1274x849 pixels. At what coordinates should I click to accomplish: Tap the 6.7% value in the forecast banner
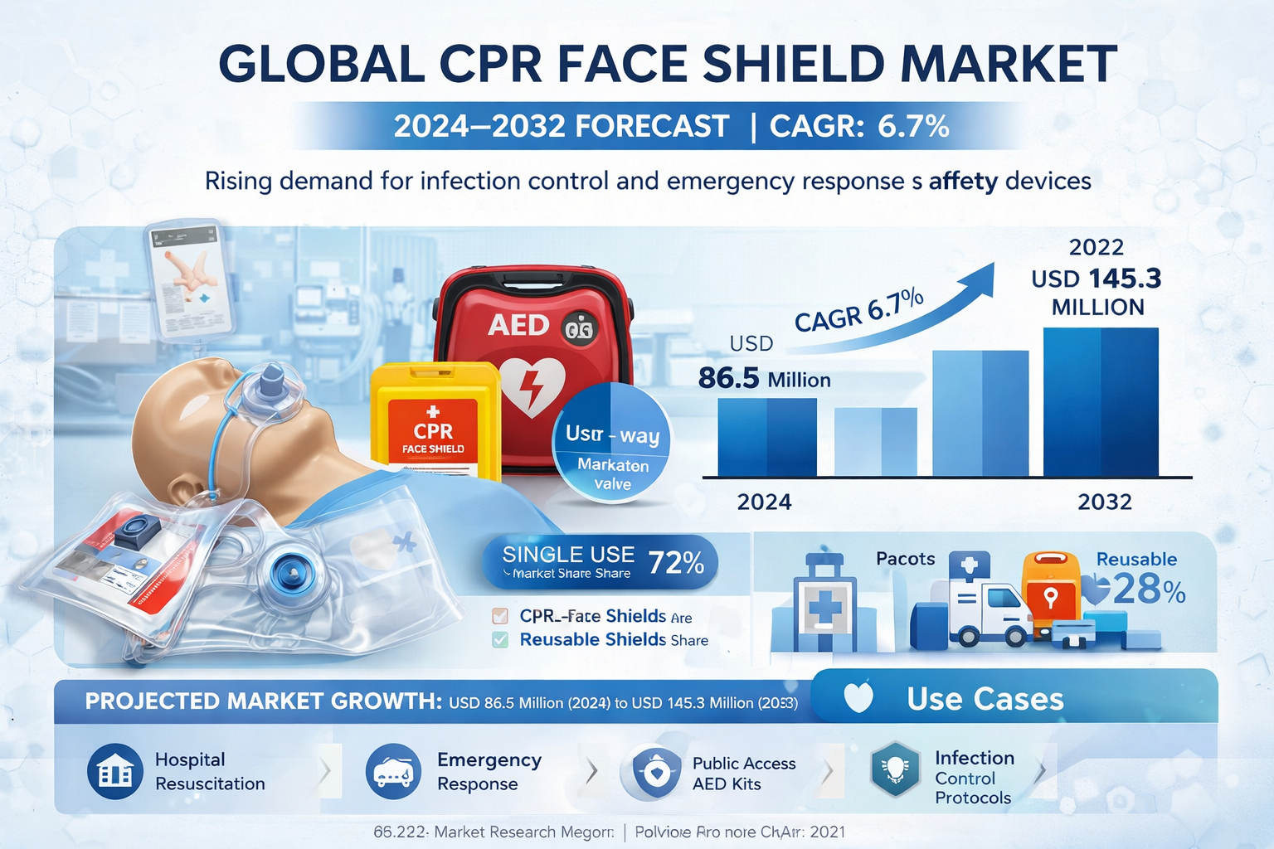tap(912, 126)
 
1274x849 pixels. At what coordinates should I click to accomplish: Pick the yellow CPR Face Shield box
tap(435, 423)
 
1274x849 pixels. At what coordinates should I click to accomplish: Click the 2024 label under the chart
tap(764, 502)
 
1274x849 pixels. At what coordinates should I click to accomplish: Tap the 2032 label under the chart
tap(1104, 502)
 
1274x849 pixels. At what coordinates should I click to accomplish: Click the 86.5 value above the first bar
tap(728, 378)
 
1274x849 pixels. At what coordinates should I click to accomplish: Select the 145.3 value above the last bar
tap(1125, 279)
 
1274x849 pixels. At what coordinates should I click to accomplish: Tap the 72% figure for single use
tap(676, 564)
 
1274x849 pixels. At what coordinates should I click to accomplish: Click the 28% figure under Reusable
tap(1148, 590)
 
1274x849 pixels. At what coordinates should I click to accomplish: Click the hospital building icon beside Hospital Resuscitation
tap(115, 772)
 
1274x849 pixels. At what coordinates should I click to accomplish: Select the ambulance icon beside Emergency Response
tap(393, 772)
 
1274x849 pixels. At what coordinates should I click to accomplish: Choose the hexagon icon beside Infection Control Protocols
tap(895, 769)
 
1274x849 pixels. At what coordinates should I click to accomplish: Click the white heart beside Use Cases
tap(858, 698)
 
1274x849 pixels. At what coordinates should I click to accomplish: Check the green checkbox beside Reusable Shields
tap(500, 640)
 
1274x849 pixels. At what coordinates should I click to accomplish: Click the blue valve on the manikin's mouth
tap(271, 382)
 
